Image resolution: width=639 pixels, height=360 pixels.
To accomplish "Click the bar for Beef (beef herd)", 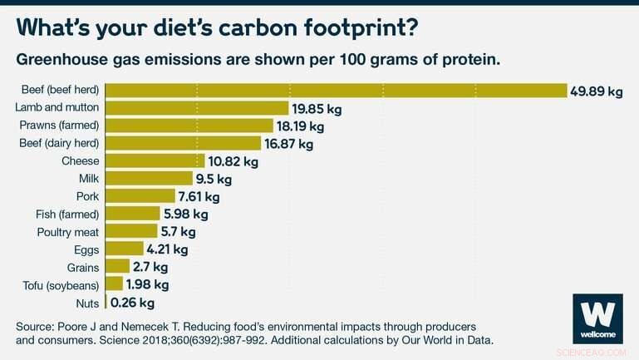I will coord(337,91).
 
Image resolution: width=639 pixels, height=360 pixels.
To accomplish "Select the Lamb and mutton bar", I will coord(198,108).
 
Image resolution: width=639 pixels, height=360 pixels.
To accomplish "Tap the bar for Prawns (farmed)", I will coord(190,126).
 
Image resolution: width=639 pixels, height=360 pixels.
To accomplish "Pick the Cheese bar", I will coord(156,161).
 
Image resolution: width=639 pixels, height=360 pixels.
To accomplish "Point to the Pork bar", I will coord(141,197).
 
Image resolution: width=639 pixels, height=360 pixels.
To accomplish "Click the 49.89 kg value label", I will coord(596,91).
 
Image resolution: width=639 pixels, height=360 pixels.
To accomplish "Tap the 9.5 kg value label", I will coord(213,179).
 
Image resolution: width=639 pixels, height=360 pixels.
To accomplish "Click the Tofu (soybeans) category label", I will coord(61,285).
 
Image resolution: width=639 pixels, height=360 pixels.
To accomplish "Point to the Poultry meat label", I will coord(68,232).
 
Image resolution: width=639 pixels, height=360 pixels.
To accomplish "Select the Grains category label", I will coord(83,268).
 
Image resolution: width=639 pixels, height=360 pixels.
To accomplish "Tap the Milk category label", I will coord(89,179).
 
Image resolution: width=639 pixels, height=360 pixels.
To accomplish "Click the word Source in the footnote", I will coord(35,325).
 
